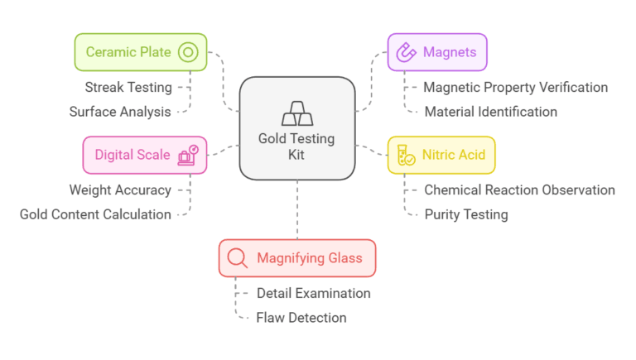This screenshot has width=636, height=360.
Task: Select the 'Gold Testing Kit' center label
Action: point(296,146)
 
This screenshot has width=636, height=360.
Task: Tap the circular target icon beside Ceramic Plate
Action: point(188,53)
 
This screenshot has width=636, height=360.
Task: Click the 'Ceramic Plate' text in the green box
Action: point(128,53)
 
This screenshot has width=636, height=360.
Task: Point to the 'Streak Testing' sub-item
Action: point(128,87)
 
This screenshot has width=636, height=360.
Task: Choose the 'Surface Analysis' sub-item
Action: point(120,112)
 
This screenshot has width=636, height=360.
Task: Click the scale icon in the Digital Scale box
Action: point(188,156)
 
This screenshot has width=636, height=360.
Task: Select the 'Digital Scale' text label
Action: point(132,156)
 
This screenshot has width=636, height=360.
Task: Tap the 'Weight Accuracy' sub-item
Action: point(120,190)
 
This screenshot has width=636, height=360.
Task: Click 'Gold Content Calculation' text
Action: point(95,214)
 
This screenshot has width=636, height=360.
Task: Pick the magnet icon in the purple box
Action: point(406,53)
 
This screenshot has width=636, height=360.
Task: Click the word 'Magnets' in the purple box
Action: point(450,53)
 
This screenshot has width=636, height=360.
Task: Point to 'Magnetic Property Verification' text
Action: point(515,87)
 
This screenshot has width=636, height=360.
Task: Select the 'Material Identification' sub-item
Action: point(490,112)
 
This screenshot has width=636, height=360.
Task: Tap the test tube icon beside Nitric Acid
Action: point(406,156)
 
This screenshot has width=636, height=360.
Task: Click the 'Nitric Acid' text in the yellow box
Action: point(453,156)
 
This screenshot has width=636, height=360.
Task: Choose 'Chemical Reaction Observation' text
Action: point(519,190)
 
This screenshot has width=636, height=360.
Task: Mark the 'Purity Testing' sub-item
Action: point(465,214)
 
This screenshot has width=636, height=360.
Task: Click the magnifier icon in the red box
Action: point(238,258)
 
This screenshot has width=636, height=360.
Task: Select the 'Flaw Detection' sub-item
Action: point(301,318)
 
